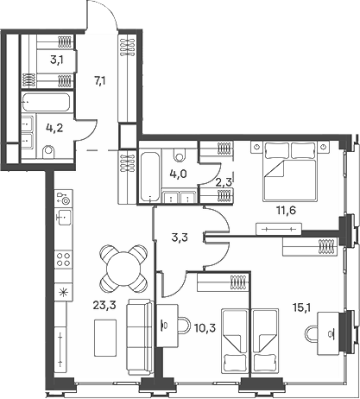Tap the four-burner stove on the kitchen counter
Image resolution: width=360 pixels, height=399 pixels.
point(63,257)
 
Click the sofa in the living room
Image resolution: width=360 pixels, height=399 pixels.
point(138,332)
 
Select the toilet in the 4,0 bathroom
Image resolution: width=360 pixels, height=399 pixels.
point(179,155)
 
